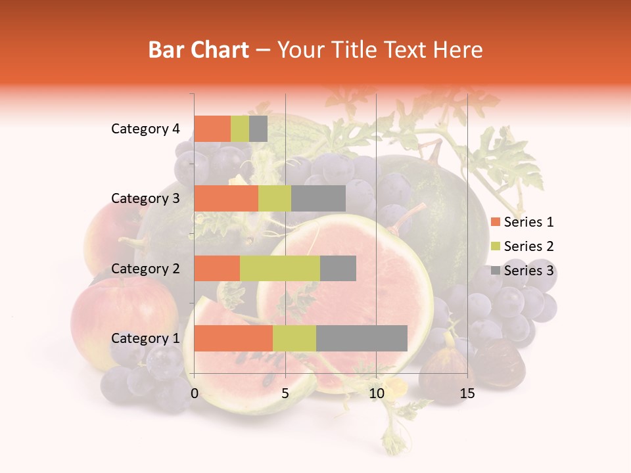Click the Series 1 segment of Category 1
233,338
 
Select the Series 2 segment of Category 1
294,338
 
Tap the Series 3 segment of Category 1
362,338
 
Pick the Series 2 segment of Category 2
280,268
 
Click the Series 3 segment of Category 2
338,268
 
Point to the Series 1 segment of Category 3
226,198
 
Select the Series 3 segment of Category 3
318,198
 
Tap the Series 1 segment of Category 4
212,129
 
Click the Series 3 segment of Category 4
258,129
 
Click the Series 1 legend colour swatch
496,223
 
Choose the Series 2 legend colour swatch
496,246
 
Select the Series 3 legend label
528,270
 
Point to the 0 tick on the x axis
195,394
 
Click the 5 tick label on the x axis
285,394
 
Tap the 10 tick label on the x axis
376,394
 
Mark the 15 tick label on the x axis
467,394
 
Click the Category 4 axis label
145,129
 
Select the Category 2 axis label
145,268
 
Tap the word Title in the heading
354,50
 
